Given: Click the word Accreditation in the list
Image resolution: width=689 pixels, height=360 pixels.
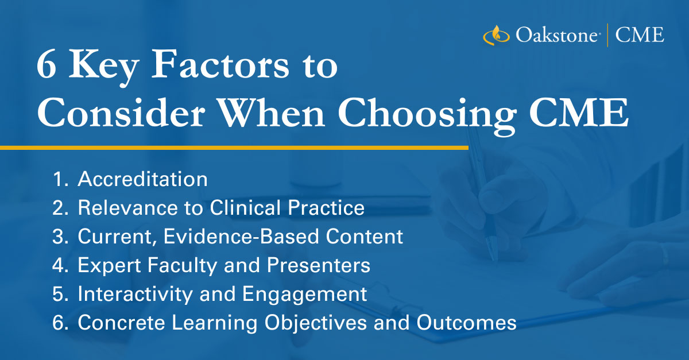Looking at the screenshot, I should pos(142,180).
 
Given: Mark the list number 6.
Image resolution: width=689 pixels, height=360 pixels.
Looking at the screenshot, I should pos(59,323).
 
